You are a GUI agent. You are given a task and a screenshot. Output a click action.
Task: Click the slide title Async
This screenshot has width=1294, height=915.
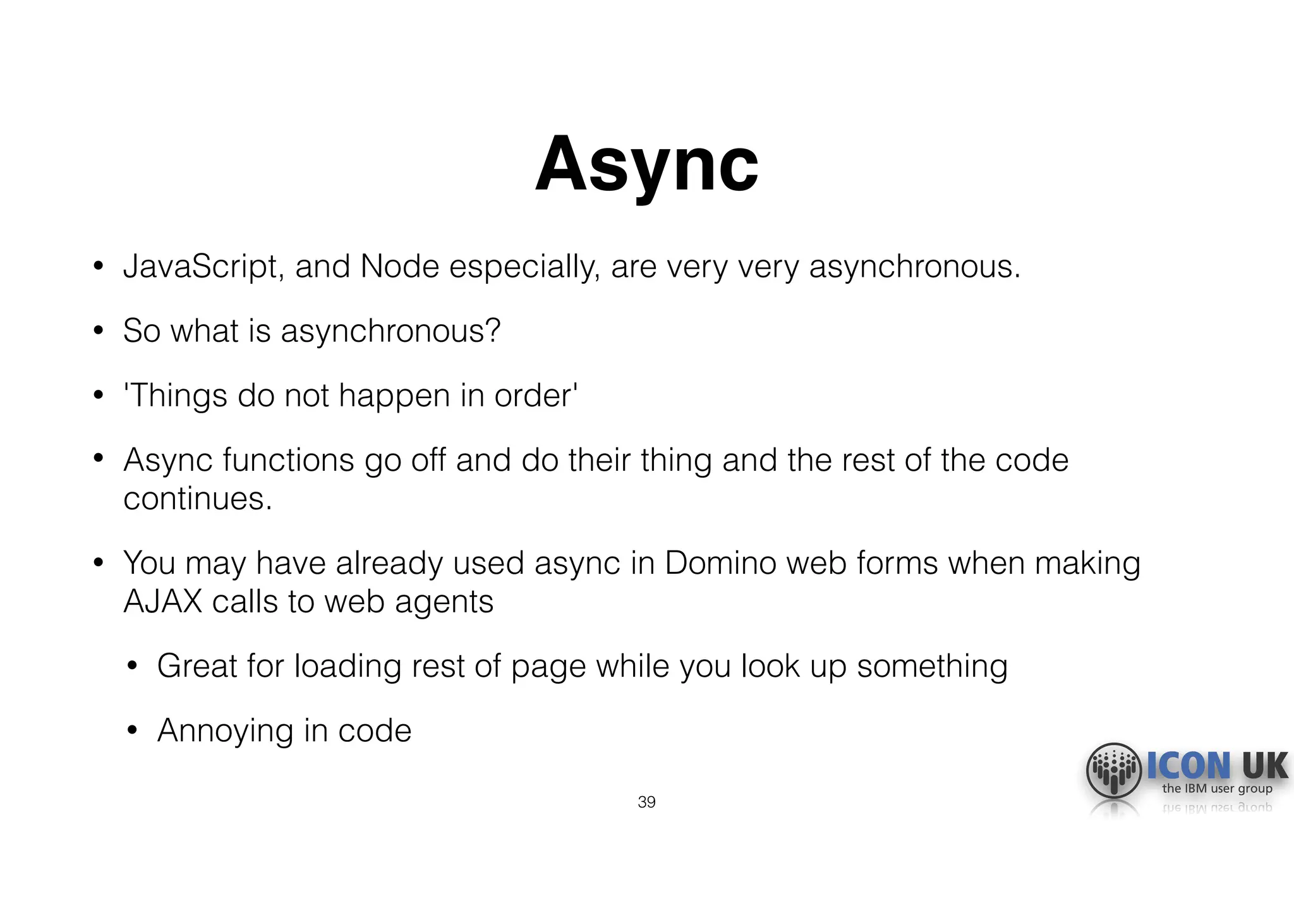pyautogui.click(x=646, y=166)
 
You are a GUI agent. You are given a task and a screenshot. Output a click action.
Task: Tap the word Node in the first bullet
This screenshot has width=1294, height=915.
pyautogui.click(x=399, y=267)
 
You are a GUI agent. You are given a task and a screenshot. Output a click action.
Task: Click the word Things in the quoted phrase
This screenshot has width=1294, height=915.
pyautogui.click(x=178, y=396)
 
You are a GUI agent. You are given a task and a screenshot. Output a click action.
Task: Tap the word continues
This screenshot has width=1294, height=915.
pyautogui.click(x=197, y=499)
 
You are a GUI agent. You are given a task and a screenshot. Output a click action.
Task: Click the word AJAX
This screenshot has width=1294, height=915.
pyautogui.click(x=162, y=602)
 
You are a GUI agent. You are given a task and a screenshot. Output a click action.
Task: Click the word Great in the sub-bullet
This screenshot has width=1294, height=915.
pyautogui.click(x=197, y=666)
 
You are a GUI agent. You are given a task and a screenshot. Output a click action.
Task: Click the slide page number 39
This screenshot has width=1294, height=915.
pyautogui.click(x=646, y=802)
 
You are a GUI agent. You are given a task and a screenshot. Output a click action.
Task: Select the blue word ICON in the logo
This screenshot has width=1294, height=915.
pyautogui.click(x=1188, y=766)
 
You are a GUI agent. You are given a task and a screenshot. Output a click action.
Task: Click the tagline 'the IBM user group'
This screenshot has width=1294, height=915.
pyautogui.click(x=1217, y=789)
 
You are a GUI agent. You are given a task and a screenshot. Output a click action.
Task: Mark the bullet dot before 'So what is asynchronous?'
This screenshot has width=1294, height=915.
pyautogui.click(x=98, y=330)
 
